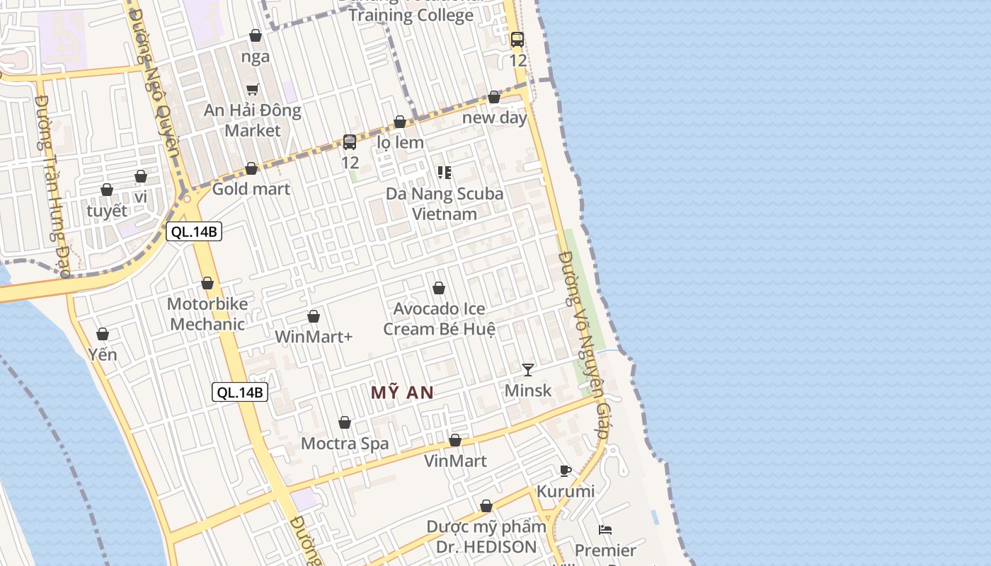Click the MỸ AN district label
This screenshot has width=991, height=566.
[x=402, y=393]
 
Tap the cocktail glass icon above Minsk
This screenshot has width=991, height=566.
[x=527, y=369]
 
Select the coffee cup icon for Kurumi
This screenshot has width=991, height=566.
[x=565, y=470]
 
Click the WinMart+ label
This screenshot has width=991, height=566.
[x=314, y=337]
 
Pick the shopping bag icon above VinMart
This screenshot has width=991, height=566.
[x=455, y=440]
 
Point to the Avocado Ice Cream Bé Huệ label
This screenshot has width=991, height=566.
[x=439, y=319]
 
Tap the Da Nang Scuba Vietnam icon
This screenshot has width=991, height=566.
[x=445, y=173]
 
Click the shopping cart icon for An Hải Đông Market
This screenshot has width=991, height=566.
[x=253, y=89]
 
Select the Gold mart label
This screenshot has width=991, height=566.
[x=251, y=189]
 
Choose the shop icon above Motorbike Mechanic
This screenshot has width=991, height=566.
[x=207, y=283]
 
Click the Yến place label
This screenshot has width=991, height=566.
[x=103, y=354]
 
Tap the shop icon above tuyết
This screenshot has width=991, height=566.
[x=107, y=190]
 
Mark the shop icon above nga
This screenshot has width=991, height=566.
[x=256, y=35]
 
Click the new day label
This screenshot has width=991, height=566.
[x=495, y=117]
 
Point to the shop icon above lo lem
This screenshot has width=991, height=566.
[x=400, y=122]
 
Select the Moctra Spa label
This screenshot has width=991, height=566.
[x=345, y=444]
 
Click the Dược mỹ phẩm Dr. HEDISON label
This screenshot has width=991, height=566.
[x=486, y=537]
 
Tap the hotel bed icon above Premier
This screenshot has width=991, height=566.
[x=605, y=529]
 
